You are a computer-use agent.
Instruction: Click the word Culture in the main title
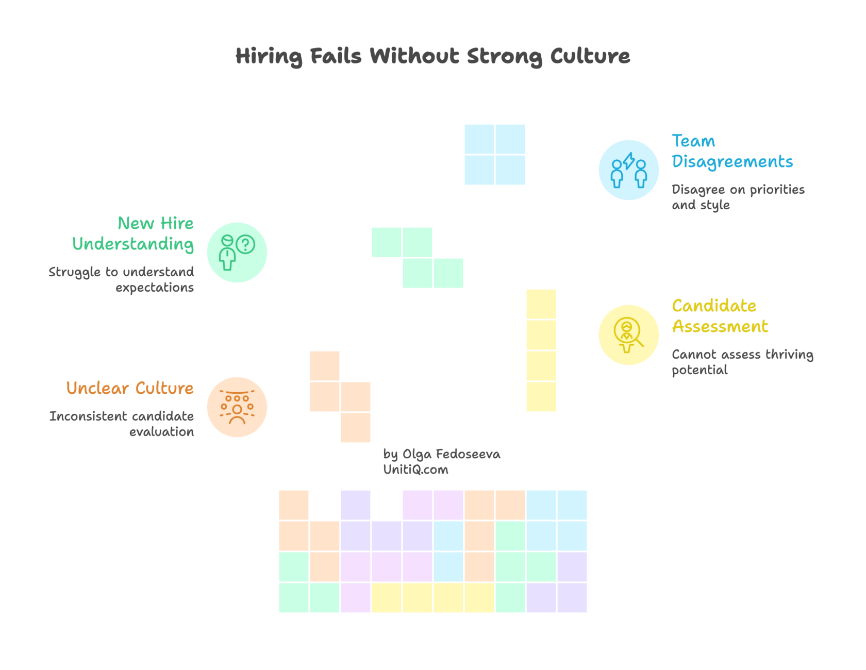[x=590, y=56]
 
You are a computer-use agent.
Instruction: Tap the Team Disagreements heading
[x=732, y=150]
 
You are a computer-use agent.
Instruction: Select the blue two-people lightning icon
[x=628, y=170]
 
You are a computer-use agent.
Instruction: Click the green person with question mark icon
[x=237, y=252]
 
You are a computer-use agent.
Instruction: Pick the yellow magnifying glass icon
[x=628, y=334]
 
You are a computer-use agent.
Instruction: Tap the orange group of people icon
[x=237, y=407]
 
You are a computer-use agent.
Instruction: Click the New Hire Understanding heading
[x=133, y=233]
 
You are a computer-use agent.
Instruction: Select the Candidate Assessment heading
[x=720, y=315]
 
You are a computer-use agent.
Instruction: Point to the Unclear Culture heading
[x=130, y=388]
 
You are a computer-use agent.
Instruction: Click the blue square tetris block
[x=494, y=155]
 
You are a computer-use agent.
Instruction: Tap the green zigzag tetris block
[x=418, y=257]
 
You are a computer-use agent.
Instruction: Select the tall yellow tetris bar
[x=541, y=350]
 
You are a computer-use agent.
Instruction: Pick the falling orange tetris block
[x=340, y=396]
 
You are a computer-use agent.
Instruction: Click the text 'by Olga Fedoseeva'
[x=441, y=454]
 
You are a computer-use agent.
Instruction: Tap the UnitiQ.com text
[x=415, y=470]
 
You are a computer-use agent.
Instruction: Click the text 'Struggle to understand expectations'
[x=122, y=279]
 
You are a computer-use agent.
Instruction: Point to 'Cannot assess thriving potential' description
[x=742, y=362]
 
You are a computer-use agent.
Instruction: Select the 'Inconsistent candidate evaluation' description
[x=122, y=424]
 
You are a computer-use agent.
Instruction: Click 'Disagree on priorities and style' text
[x=738, y=197]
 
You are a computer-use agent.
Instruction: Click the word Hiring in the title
[x=269, y=56]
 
